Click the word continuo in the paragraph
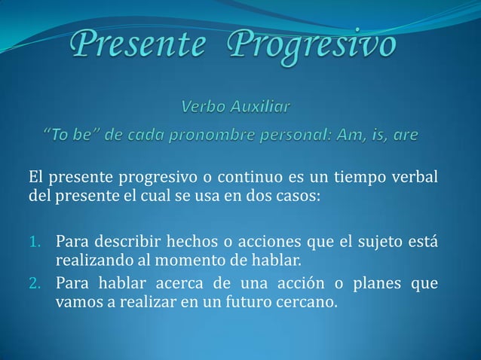pos(242,178)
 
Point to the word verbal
pos(415,178)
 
